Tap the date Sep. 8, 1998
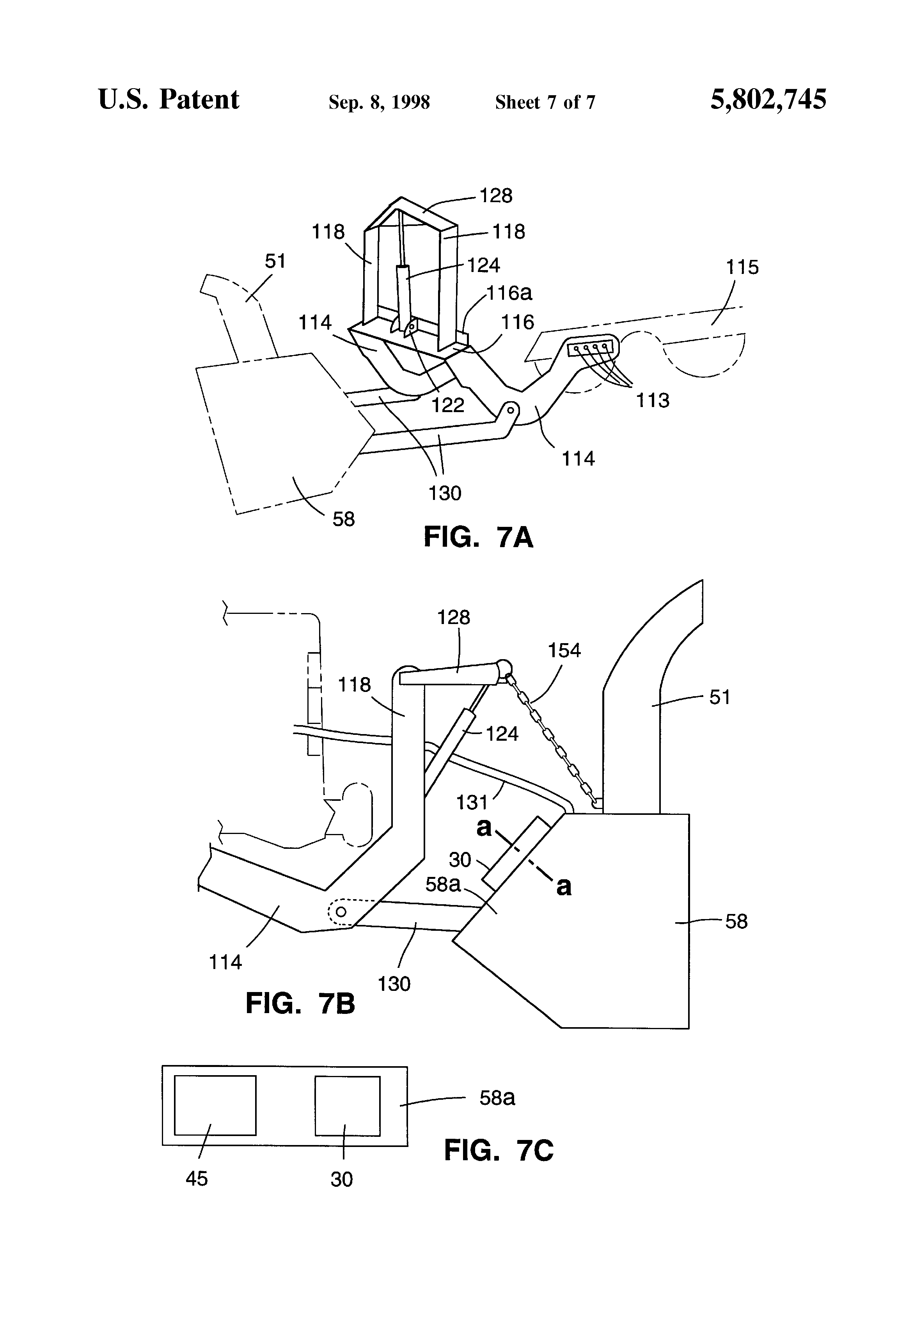point(379,102)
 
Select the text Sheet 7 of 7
point(545,102)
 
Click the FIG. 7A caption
point(478,537)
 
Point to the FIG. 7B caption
point(300,1004)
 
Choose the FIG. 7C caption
point(498,1150)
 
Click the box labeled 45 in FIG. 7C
point(215,1105)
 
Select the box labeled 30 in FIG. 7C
point(347,1106)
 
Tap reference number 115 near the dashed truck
point(742,267)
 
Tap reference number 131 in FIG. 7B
point(471,802)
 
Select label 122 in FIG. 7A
point(447,405)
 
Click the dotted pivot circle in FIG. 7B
point(341,912)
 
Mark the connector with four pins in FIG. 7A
point(589,347)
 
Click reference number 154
point(564,651)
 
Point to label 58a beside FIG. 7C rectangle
point(497,1098)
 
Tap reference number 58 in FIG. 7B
point(736,921)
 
